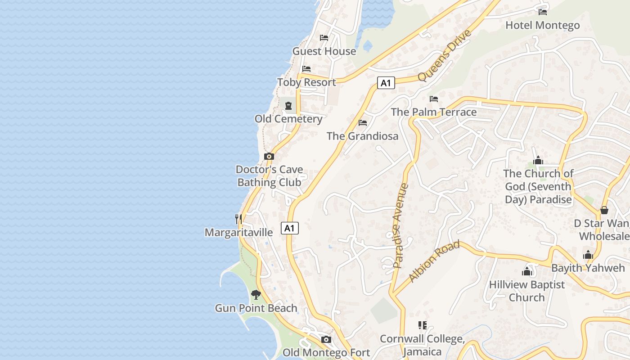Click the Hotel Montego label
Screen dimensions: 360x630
(x=542, y=25)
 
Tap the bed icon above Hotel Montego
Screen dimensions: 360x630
(x=543, y=12)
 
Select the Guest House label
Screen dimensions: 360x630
(x=324, y=51)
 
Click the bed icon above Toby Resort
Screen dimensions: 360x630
(x=306, y=69)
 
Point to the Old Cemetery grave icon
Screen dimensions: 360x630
(x=288, y=105)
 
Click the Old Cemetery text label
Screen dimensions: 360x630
(x=288, y=119)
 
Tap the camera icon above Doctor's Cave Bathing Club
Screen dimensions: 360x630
(x=269, y=156)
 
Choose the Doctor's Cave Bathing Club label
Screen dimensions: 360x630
(x=269, y=176)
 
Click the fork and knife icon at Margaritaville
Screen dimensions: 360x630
(x=238, y=219)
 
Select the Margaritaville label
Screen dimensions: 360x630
(x=238, y=232)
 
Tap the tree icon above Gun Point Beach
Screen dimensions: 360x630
(x=256, y=295)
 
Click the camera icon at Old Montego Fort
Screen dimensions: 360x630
(x=326, y=339)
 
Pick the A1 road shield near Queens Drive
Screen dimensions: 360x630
(x=386, y=83)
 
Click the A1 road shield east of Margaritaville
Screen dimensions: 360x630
(x=290, y=228)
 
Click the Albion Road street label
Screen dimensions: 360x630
(x=434, y=261)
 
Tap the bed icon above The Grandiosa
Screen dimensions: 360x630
(x=363, y=122)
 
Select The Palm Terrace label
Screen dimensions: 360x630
(x=433, y=112)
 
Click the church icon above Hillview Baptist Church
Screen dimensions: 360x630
(x=527, y=271)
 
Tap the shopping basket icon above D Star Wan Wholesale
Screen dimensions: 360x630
(x=604, y=210)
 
